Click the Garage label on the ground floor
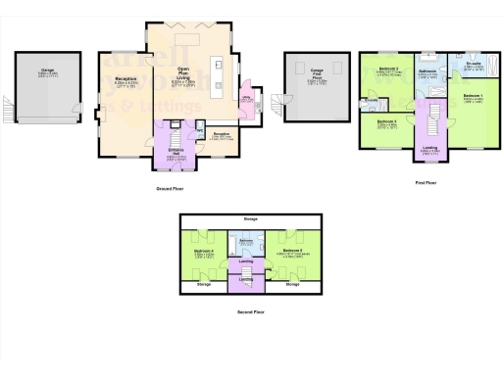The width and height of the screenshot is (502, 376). pos(46,70)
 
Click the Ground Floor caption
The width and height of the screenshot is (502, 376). pos(171,187)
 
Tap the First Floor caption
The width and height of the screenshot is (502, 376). pos(427,182)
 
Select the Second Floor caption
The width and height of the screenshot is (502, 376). pos(251,312)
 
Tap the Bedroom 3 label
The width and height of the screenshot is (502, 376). pos(387,122)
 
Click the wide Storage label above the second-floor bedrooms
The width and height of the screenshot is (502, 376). pos(251,219)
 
